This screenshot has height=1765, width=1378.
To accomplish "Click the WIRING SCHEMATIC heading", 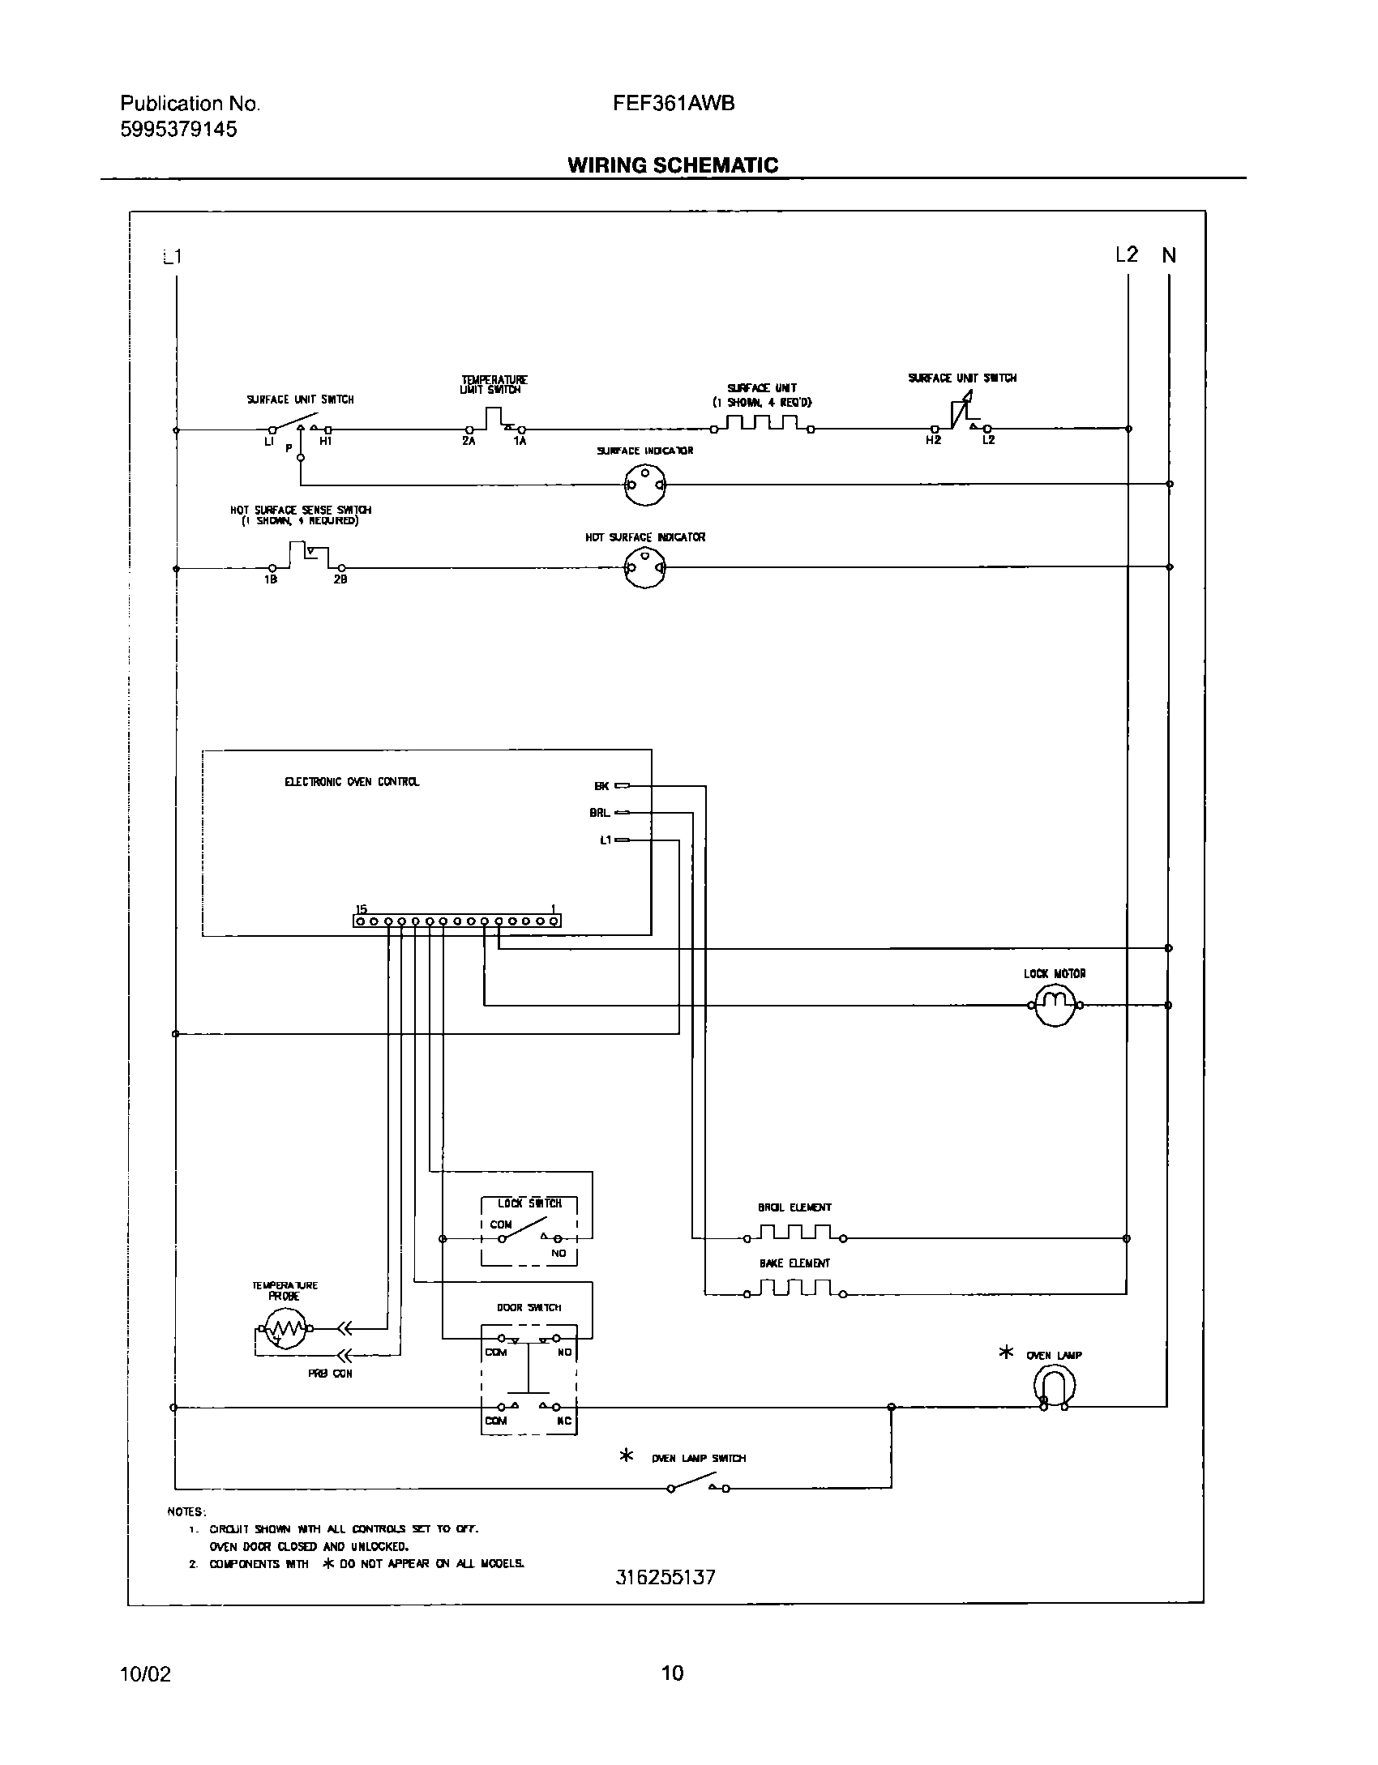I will (672, 165).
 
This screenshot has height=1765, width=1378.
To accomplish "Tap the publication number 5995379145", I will (178, 130).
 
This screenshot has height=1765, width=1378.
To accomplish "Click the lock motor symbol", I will (1055, 1005).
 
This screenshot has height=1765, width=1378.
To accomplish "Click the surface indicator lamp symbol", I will (644, 485).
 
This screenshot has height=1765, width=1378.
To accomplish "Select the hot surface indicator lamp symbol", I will (644, 568).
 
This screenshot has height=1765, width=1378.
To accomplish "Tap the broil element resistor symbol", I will (795, 1234).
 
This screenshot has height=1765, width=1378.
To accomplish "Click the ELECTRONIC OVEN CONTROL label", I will (352, 782).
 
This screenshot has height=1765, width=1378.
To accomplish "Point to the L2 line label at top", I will (1126, 255).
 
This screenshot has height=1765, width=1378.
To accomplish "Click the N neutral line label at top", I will (1168, 255).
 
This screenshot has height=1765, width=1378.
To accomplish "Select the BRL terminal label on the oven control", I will (600, 812).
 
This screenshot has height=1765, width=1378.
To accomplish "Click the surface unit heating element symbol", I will (762, 425).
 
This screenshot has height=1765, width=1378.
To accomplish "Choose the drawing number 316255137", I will (665, 1577).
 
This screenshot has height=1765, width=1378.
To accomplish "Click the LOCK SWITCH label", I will (529, 1203).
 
